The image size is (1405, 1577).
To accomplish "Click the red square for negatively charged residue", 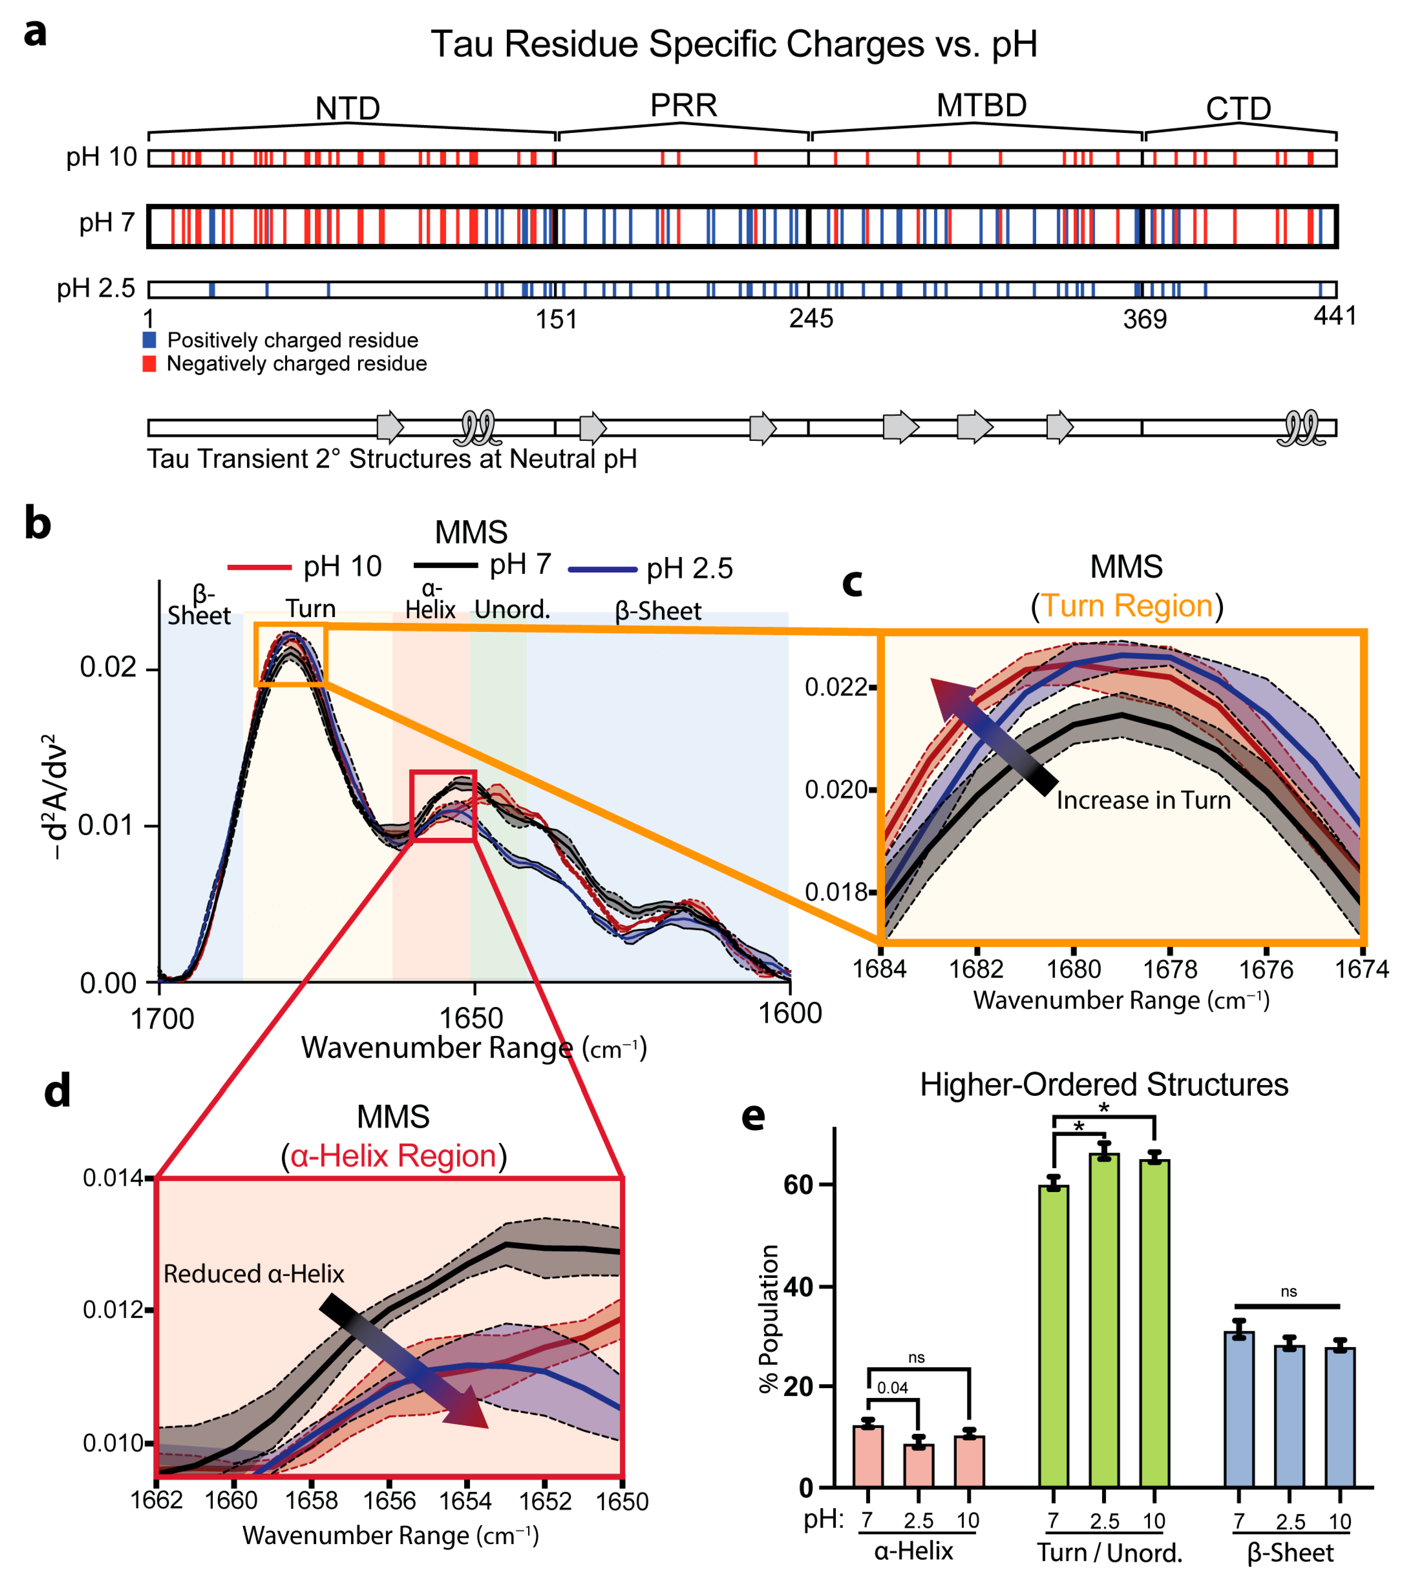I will [150, 364].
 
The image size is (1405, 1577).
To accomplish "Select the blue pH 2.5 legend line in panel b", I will [602, 570].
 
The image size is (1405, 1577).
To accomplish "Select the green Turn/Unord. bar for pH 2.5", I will [1104, 1320].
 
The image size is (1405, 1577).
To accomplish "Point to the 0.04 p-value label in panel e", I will [892, 1388].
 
